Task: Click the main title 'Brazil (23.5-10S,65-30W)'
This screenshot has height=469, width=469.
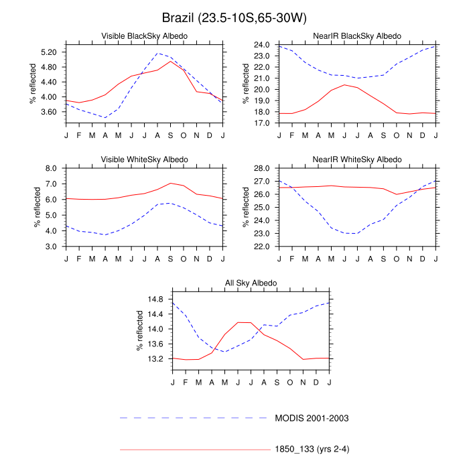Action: [234, 16]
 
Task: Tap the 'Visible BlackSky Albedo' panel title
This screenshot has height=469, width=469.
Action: [144, 35]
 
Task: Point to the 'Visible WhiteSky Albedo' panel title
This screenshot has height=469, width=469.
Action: [144, 159]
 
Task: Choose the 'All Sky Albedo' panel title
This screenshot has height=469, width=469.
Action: [251, 284]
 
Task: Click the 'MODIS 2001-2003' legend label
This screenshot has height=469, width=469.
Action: [312, 418]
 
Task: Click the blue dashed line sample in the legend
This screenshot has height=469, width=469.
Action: [194, 418]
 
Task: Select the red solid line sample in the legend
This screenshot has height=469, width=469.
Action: [194, 450]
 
